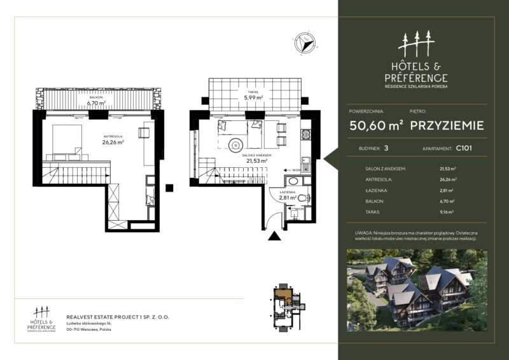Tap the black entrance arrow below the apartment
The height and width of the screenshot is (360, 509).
(274, 237)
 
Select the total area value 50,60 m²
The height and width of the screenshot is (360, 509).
(376, 125)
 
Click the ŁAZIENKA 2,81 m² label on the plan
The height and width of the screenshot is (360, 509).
(288, 196)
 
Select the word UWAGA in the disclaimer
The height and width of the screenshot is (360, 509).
(365, 234)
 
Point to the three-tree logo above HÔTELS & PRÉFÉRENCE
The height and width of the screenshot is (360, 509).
(416, 43)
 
